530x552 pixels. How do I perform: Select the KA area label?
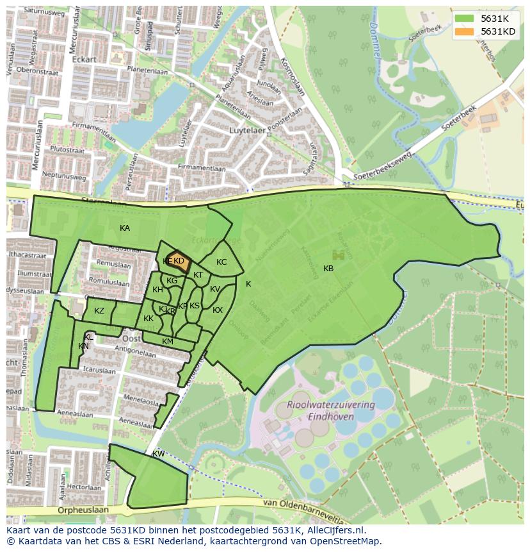pyautogui.click(x=125, y=228)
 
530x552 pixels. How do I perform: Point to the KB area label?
pyautogui.click(x=328, y=269)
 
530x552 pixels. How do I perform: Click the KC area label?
pyautogui.click(x=221, y=262)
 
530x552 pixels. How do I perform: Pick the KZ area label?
pyautogui.click(x=99, y=311)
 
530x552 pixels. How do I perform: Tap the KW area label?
pyautogui.click(x=158, y=454)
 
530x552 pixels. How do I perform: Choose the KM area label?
pyautogui.click(x=168, y=342)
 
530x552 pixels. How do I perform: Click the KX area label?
pyautogui.click(x=218, y=310)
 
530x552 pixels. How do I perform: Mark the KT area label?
pyautogui.click(x=198, y=275)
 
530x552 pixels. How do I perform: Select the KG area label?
pyautogui.click(x=172, y=281)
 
